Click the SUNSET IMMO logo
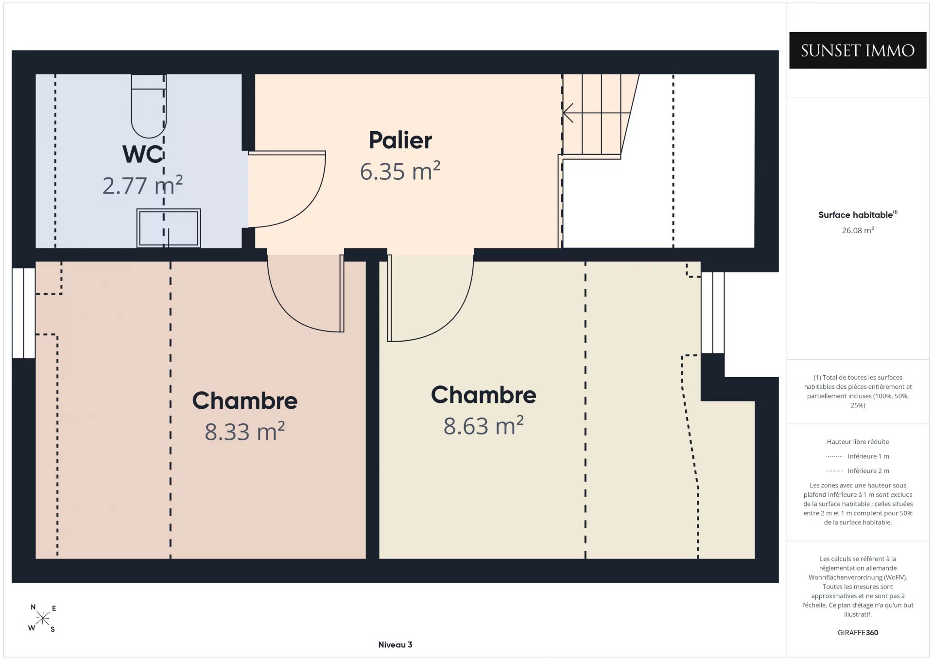tap(858, 51)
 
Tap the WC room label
tap(143, 154)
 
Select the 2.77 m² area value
tap(142, 185)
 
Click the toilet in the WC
tap(149, 106)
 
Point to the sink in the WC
tap(169, 228)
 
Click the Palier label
tap(400, 140)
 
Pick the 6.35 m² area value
tap(400, 171)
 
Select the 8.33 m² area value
tap(244, 432)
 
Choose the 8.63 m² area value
tap(484, 426)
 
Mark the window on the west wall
tap(23, 313)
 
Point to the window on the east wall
tap(713, 313)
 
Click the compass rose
tap(43, 618)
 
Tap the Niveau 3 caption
tap(395, 644)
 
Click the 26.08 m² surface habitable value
tap(858, 230)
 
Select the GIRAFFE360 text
tap(858, 632)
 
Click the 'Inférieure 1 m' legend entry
tap(858, 456)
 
